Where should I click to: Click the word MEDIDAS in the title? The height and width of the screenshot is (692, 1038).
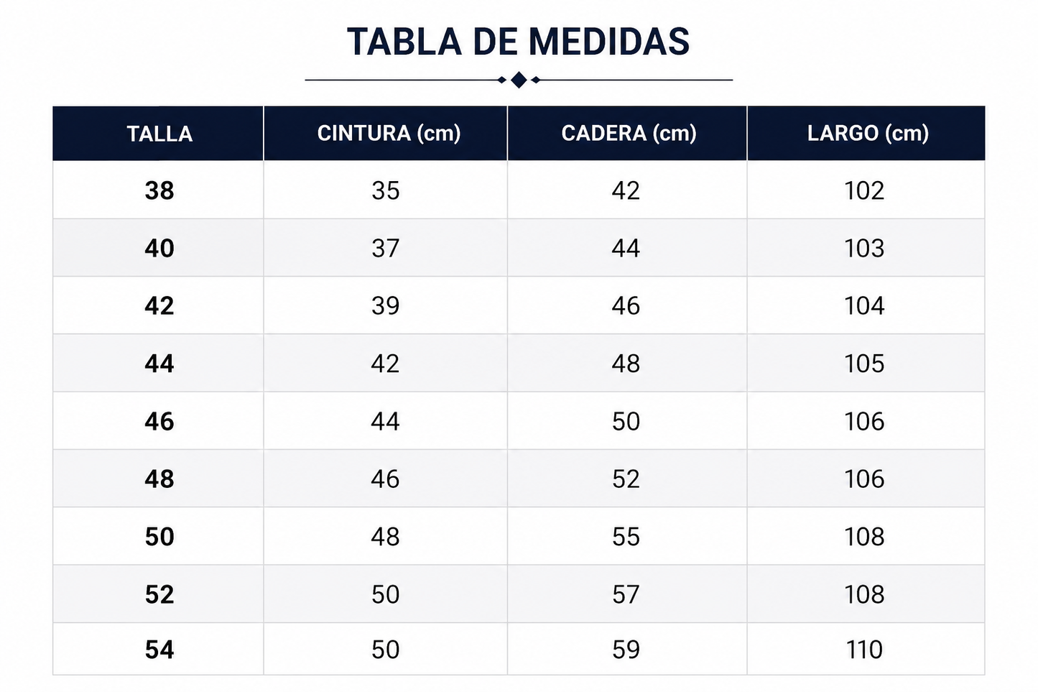pyautogui.click(x=609, y=42)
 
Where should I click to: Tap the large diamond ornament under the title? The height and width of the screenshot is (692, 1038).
pyautogui.click(x=519, y=80)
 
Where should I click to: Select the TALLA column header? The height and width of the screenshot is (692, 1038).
pyautogui.click(x=159, y=134)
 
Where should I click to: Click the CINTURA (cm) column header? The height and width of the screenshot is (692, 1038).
pyautogui.click(x=389, y=134)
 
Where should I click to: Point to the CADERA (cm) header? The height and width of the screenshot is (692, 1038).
pyautogui.click(x=629, y=134)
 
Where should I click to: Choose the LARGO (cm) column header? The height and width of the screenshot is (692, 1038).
pyautogui.click(x=868, y=134)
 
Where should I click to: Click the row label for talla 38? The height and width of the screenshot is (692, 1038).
pyautogui.click(x=159, y=190)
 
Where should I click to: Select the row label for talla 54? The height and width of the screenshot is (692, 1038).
pyautogui.click(x=159, y=650)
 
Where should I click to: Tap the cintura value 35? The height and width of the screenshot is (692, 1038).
pyautogui.click(x=386, y=190)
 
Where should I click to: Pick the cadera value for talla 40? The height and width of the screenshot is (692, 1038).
pyautogui.click(x=626, y=248)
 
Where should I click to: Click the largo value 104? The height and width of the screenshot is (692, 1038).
pyautogui.click(x=864, y=306)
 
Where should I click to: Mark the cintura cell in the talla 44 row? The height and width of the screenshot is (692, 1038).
pyautogui.click(x=386, y=364)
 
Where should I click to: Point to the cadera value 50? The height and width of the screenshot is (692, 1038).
pyautogui.click(x=626, y=421)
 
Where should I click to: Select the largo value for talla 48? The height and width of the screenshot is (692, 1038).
pyautogui.click(x=864, y=479)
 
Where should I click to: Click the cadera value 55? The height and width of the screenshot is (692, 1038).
pyautogui.click(x=626, y=537)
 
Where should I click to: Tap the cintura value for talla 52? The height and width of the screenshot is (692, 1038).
pyautogui.click(x=386, y=594)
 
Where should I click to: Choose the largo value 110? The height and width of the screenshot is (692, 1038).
pyautogui.click(x=864, y=650)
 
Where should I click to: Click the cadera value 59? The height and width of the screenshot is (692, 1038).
pyautogui.click(x=626, y=650)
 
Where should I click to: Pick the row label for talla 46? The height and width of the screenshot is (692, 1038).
pyautogui.click(x=159, y=421)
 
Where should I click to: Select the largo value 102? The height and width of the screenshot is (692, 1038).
pyautogui.click(x=864, y=190)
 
